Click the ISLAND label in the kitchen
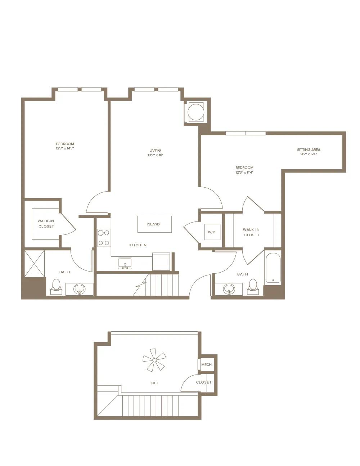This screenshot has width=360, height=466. pos(153,224)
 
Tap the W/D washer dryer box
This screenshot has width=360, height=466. pos(212,232)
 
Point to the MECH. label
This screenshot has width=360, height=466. pos(207,364)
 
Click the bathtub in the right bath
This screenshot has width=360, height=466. pos(273,268)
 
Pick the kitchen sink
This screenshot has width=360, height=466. pos(125,263)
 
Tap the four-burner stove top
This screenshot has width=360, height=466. pos(104,238)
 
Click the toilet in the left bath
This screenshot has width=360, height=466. pos(57,287)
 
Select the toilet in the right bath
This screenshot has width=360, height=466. pos(253,287)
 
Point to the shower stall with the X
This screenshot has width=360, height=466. pos(34,264)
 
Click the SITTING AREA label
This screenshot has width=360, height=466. pos(309,150)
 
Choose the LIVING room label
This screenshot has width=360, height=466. pos(155,150)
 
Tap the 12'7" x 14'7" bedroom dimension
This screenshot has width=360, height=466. pos(65,148)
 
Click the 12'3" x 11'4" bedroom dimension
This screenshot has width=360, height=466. pos(244,172)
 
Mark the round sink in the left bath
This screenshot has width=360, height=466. pos(80,289)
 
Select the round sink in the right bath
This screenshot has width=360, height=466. pos(229,289)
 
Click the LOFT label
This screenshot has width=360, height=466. pos(154,383)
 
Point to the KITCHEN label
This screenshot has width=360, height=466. pos(138,245)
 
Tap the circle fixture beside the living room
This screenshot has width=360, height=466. pos(195,112)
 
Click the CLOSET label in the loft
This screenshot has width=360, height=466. pos(203,382)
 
